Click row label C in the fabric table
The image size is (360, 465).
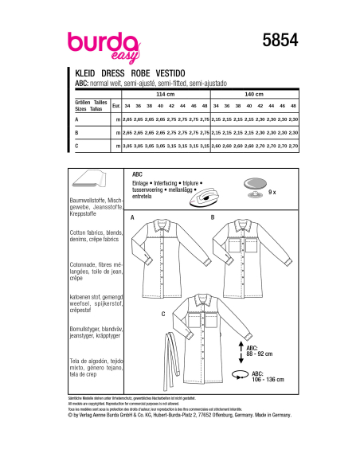click(x=75, y=147)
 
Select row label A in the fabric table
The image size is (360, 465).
click(x=75, y=119)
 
